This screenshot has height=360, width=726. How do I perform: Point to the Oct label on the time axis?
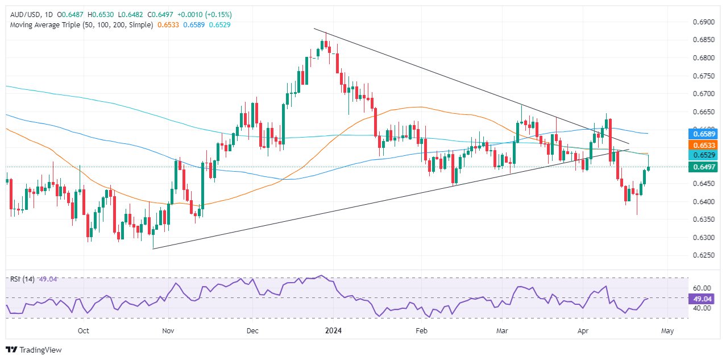tap(84, 330)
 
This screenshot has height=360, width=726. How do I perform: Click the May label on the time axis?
tap(667, 330)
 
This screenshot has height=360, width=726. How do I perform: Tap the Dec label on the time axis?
tap(254, 330)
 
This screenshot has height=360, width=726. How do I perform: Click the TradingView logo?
tap(34, 350)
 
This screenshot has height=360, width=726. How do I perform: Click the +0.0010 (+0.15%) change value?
tap(210, 14)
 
